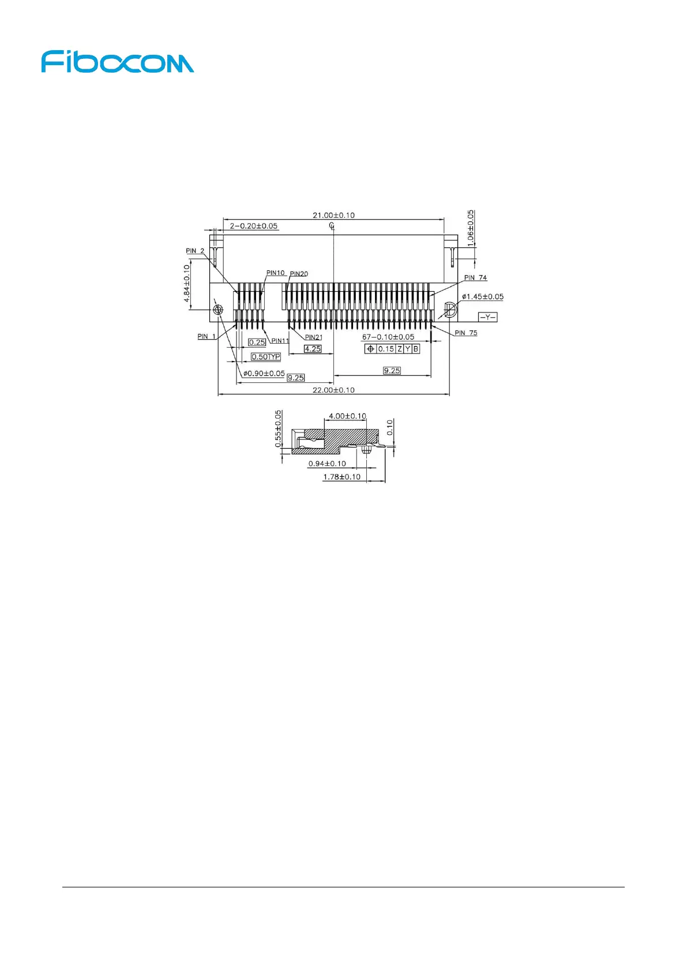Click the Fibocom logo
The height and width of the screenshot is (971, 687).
[x=118, y=62]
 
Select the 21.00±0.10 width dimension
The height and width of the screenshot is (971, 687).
[x=333, y=215]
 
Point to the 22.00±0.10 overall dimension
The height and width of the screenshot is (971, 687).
[x=333, y=390]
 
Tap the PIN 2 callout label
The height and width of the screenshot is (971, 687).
[x=195, y=251]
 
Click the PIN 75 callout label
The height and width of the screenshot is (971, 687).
[x=465, y=333]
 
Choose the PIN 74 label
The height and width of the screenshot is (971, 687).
[x=475, y=277]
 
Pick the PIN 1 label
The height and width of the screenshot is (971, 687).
[x=207, y=336]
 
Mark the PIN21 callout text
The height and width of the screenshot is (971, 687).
[x=314, y=337]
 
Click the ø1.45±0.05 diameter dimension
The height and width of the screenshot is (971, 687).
[x=482, y=296]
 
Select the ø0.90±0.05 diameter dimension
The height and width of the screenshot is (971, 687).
[x=264, y=373]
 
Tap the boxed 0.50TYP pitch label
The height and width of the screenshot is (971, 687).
[x=266, y=357]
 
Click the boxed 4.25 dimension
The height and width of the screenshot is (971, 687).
[x=313, y=349]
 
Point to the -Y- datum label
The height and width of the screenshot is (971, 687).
[x=488, y=317]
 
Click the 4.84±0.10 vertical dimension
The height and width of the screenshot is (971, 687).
[x=187, y=283]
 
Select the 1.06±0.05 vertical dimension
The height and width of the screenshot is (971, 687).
[x=471, y=228]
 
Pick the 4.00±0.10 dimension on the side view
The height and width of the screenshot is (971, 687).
[x=347, y=416]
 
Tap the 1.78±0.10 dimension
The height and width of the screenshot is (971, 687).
[x=341, y=477]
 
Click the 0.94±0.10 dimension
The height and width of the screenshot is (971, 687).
[x=327, y=464]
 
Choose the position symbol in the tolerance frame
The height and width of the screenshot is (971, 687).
[x=370, y=349]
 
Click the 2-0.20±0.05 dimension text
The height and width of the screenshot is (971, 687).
[x=253, y=226]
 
